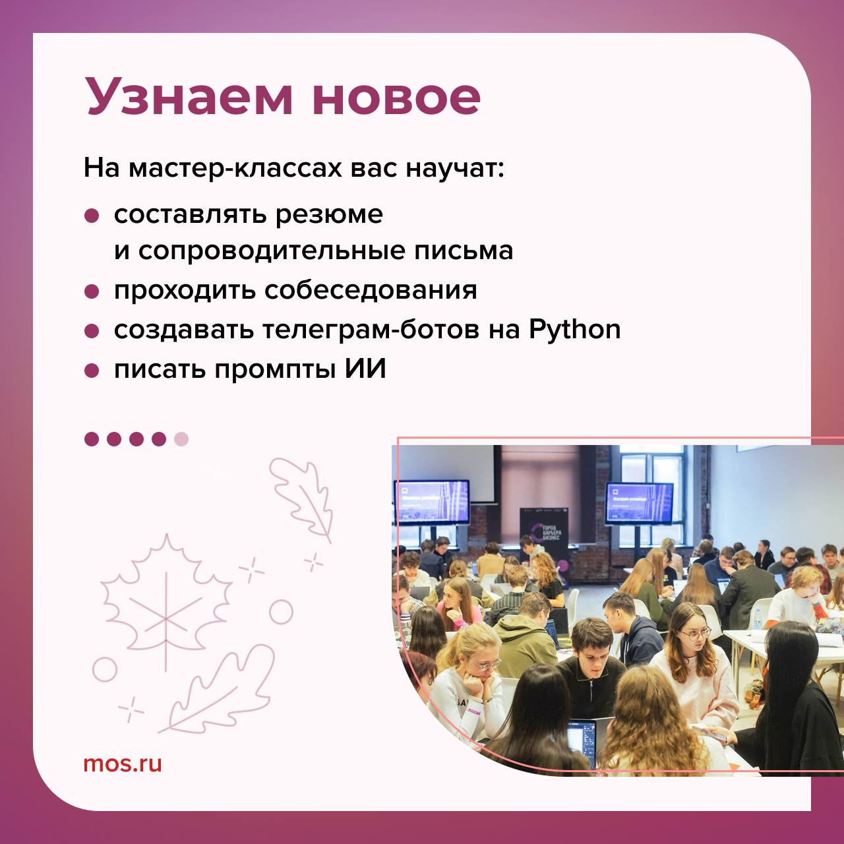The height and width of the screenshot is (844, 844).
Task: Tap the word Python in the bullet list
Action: tap(574, 330)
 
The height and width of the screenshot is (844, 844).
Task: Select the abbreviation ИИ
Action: tap(365, 369)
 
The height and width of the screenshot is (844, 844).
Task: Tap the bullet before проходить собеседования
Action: tap(92, 291)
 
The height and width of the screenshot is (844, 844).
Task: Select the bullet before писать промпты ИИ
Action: tap(92, 370)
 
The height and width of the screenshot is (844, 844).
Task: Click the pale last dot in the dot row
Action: tap(181, 438)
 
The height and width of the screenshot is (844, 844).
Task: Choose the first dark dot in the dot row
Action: tap(92, 438)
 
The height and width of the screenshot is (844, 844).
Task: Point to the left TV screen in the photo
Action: tap(432, 502)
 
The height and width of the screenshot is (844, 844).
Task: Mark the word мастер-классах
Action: tap(233, 169)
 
